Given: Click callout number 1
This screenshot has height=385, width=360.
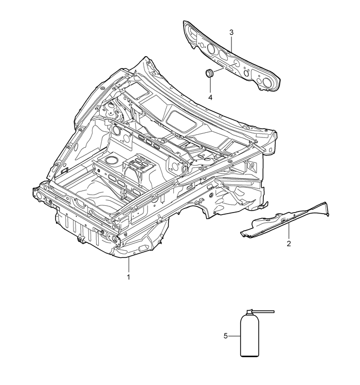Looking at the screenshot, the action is tap(128, 277).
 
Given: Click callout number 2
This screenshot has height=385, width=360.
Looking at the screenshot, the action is tap(289, 243).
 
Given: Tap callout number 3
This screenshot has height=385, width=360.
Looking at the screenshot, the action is tap(231, 32).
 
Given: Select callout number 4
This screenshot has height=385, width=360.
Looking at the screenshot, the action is tap(210, 97).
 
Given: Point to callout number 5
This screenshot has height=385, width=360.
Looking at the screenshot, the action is tap(226, 336).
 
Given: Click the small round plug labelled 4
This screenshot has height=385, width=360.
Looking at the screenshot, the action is tap(209, 73).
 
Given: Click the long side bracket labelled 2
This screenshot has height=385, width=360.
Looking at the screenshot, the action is tap(285, 220).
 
